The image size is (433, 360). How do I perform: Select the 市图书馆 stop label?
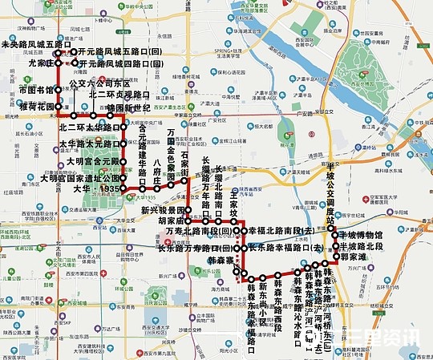coord(36,91)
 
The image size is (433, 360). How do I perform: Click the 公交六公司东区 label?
coord(100,83)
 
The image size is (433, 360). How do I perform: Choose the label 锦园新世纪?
coord(128,107)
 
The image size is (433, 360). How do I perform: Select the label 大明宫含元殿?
coord(92,161)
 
